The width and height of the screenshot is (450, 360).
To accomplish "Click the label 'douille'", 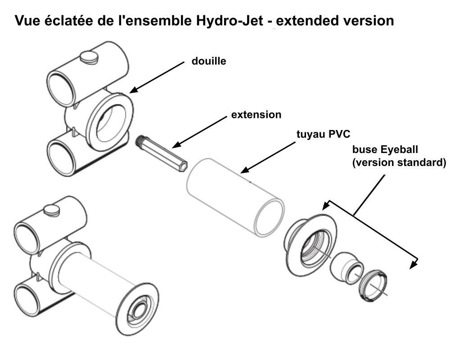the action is pos(209,61).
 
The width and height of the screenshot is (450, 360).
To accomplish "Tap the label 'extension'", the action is pos(256,115).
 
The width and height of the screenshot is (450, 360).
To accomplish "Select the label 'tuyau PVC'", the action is pos(323,134).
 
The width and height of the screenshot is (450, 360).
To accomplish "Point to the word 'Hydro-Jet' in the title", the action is pos(229,21).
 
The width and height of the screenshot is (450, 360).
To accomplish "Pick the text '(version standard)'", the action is pos(399,163).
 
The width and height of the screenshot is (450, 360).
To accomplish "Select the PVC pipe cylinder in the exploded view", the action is pos(235,198).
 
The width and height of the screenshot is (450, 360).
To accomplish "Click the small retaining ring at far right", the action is pos(373,286).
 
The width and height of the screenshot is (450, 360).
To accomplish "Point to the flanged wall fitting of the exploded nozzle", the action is pos(310,245).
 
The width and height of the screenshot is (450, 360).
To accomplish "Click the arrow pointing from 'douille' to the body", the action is pos(157,77).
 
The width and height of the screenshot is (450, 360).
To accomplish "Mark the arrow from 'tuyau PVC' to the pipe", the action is pos(268,157).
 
